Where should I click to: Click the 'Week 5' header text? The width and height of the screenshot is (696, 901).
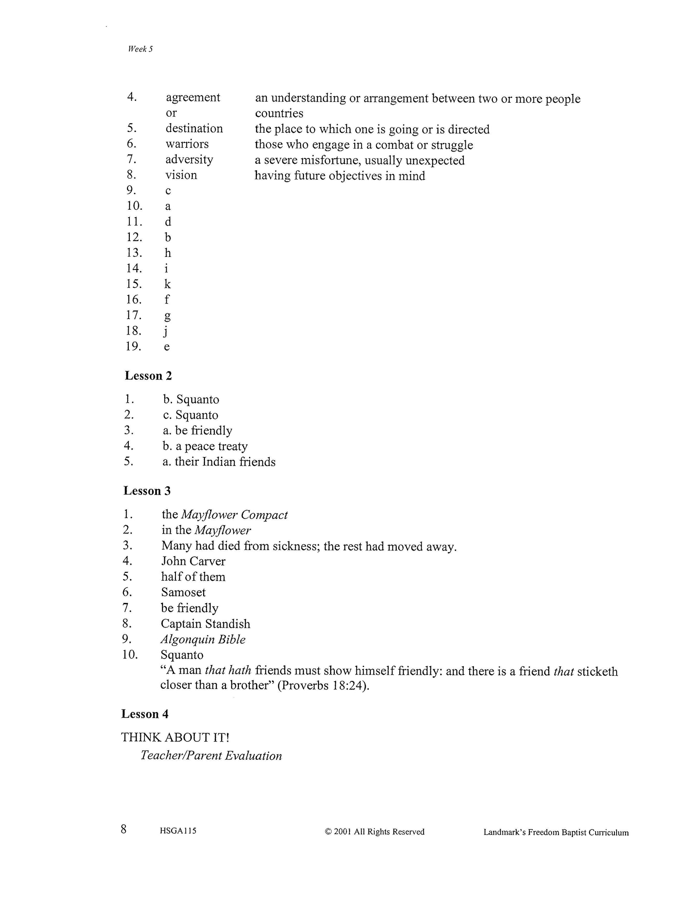point(140,49)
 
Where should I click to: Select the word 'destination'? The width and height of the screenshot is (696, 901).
point(194,128)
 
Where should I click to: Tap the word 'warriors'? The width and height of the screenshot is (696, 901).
point(187,144)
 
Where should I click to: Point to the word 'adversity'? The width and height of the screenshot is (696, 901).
point(189,159)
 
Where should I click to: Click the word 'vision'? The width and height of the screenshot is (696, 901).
point(181,175)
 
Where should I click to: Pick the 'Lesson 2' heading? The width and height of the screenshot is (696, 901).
point(148,376)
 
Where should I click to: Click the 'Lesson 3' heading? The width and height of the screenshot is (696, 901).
point(147,491)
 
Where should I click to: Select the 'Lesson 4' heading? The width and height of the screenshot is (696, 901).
point(145,714)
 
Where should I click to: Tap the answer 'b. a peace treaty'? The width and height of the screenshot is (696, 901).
point(205,446)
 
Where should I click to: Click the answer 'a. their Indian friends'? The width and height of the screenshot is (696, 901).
point(219,462)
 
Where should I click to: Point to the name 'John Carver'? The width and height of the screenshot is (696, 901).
point(193,561)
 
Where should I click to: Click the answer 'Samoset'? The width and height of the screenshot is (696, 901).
point(183,593)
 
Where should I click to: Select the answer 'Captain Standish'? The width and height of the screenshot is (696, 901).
point(205,624)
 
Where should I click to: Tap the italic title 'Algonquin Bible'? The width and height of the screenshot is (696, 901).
point(203,639)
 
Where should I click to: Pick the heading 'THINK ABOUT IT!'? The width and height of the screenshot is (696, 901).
point(175,737)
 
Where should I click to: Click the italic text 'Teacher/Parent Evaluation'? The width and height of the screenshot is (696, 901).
point(211,756)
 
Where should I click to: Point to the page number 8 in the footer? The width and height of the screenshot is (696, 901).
point(124,829)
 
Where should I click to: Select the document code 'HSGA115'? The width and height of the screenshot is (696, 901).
point(178,831)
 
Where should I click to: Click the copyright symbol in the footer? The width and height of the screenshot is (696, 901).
point(328,832)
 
